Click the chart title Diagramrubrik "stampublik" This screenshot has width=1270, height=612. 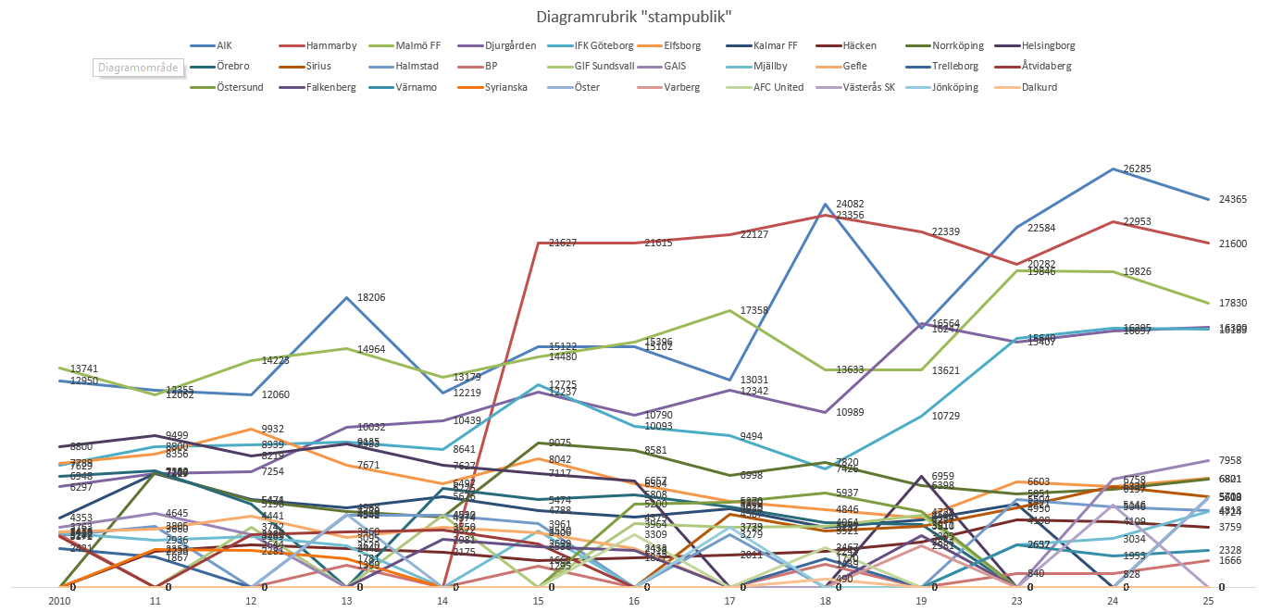tap(634, 17)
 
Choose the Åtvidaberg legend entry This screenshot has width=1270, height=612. tap(1050, 67)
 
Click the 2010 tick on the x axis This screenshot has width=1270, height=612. tap(59, 601)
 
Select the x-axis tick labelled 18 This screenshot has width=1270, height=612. tap(824, 601)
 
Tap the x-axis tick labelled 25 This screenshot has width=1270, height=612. tap(1207, 601)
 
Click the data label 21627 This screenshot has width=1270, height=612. tap(565, 244)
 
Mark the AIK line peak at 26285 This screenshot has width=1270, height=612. tap(1111, 170)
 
